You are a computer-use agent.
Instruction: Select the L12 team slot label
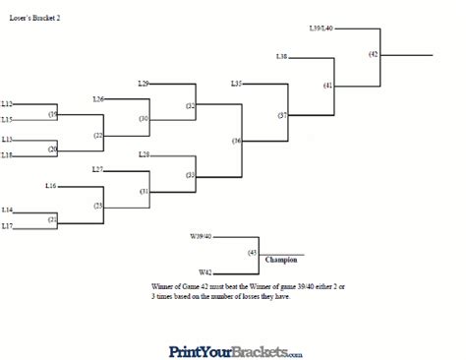pos(7,103)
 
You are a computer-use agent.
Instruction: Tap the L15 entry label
pos(7,120)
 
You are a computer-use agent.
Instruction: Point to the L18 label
pos(7,154)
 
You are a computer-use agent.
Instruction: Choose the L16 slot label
pos(51,185)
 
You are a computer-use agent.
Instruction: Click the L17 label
pos(7,226)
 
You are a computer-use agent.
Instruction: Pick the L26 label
pos(98,98)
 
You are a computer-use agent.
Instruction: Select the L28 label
pos(144,154)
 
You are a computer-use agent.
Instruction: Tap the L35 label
pos(236,83)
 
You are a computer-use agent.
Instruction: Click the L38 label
pos(282,57)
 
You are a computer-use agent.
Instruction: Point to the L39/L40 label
pos(321,29)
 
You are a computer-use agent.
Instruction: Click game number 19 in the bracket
pos(53,114)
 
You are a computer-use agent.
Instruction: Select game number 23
pos(98,206)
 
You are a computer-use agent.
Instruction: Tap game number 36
pos(237,141)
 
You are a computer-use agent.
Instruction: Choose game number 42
pos(374,54)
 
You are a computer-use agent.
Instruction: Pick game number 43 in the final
pos(253,253)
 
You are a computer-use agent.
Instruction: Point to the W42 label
pos(205,271)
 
